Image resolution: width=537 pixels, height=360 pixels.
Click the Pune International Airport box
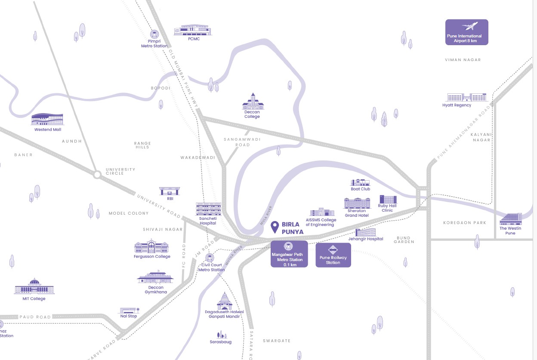pyautogui.click(x=466, y=32)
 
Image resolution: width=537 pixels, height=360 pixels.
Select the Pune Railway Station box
pyautogui.click(x=333, y=255)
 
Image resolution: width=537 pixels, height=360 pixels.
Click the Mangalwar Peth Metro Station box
pyautogui.click(x=289, y=254)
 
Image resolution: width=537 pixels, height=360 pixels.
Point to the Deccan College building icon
pyautogui.click(x=253, y=102)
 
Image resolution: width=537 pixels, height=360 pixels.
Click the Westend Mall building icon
pyautogui.click(x=47, y=120)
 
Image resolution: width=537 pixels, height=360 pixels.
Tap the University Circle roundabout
pyautogui.click(x=97, y=175)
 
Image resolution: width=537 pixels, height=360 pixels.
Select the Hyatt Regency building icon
pyautogui.click(x=467, y=97)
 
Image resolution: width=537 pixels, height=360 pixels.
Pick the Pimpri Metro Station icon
pyautogui.click(x=154, y=34)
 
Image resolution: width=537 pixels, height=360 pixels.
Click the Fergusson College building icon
pyautogui.click(x=151, y=247)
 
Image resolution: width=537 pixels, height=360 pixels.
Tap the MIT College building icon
pyautogui.click(x=34, y=287)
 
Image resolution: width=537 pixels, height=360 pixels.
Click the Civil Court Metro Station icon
pyautogui.click(x=210, y=258)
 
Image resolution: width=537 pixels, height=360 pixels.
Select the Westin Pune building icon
pyautogui.click(x=511, y=219)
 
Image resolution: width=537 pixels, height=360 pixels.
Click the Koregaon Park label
pyautogui.click(x=464, y=223)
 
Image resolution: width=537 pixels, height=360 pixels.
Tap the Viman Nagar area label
pyautogui.click(x=463, y=60)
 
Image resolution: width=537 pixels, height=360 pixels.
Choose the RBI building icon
pyautogui.click(x=170, y=191)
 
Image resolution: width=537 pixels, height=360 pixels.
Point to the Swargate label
pyautogui.click(x=277, y=341)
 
